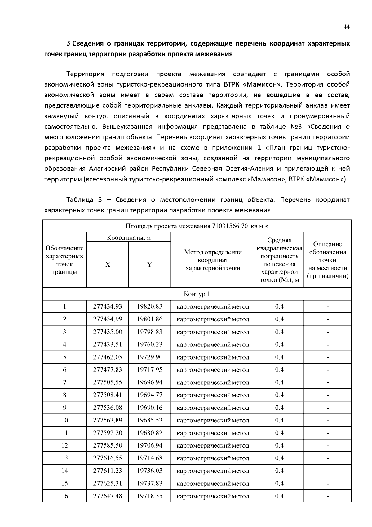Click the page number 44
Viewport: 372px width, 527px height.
347,27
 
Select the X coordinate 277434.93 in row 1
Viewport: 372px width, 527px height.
108,306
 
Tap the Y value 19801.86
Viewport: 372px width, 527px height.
150,319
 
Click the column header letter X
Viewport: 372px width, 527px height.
108,265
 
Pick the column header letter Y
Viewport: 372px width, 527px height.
149,265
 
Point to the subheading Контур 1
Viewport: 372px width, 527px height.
197,294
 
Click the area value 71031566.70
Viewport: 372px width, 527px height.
230,226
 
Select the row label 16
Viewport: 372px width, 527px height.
64,496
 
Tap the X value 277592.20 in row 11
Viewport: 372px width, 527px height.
108,433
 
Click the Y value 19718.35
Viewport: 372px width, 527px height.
150,496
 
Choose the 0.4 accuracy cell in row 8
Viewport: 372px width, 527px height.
279,395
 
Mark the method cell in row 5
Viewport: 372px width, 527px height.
213,357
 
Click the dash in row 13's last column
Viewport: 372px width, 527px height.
328,458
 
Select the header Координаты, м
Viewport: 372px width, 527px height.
129,238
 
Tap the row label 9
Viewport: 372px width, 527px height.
64,408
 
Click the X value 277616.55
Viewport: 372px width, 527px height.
108,458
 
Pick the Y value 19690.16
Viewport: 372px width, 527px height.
150,408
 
